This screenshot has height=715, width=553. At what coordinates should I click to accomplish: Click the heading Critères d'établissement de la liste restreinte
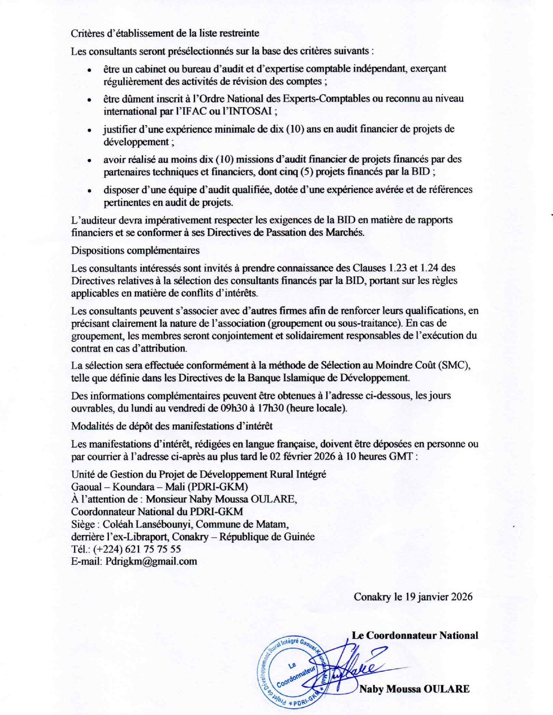(165, 33)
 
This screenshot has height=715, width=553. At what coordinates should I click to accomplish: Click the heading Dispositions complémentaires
(135, 250)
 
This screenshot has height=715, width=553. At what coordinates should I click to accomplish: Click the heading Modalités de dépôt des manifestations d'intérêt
(172, 426)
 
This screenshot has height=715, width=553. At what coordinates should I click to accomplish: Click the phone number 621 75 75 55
(153, 549)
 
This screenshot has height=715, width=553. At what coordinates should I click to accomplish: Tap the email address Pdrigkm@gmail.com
(151, 562)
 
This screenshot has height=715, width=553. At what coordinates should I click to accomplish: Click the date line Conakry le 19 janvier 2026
(413, 597)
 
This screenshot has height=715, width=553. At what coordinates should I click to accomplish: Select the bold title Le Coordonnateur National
(415, 636)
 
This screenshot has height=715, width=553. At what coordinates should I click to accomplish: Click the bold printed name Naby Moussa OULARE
(414, 689)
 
